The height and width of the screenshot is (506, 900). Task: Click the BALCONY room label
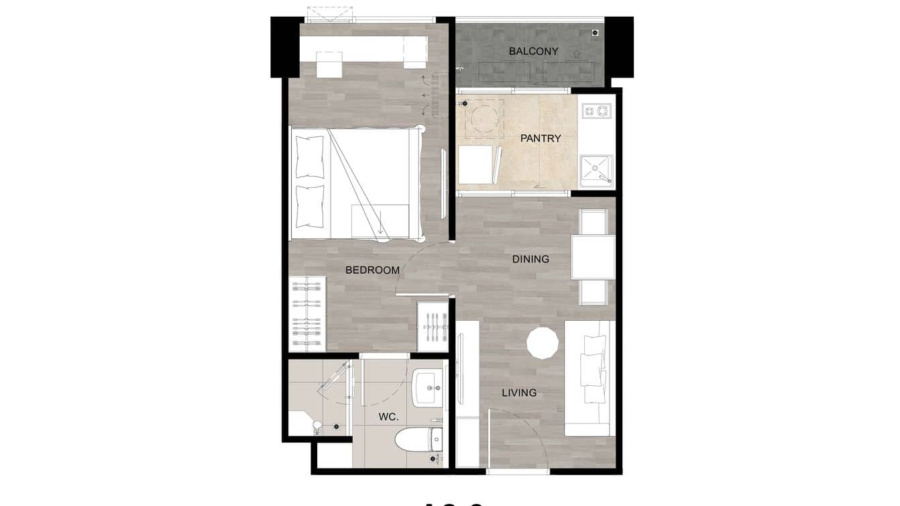click(533, 51)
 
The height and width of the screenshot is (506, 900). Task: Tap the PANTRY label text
click(541, 138)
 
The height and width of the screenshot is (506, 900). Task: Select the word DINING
click(530, 259)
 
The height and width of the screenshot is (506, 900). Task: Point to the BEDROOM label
click(372, 270)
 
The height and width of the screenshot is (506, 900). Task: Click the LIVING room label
click(519, 393)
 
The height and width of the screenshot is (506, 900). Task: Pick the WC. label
click(388, 417)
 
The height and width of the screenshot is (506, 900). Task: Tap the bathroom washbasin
click(429, 387)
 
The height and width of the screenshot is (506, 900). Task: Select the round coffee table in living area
click(543, 343)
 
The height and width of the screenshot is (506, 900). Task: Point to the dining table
click(593, 256)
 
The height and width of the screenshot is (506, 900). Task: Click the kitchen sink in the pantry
click(596, 170)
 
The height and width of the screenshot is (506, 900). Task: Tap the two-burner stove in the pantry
click(596, 109)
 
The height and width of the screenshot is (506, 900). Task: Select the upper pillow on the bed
click(310, 157)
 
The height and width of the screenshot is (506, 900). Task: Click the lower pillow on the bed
click(310, 207)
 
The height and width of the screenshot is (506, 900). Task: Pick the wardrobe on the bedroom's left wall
click(308, 313)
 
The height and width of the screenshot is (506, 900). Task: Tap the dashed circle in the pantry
click(484, 119)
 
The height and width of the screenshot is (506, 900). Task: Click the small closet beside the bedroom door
click(433, 326)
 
